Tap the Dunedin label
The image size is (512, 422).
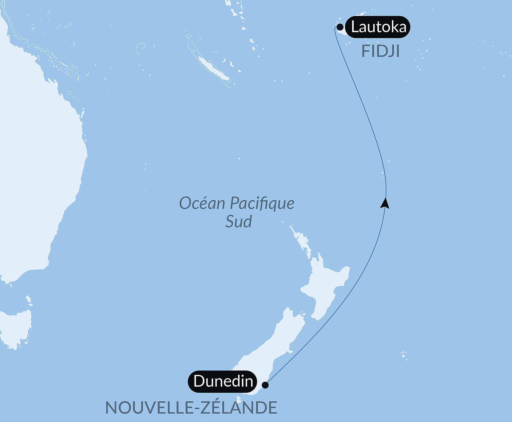pos(223,381)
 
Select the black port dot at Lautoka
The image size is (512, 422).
pos(340,27)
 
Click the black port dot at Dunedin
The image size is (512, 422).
pos(265,385)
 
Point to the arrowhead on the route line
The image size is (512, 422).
pos(385,203)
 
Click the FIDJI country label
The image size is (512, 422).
pos(380,51)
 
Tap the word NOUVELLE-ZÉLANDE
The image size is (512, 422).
pos(191,407)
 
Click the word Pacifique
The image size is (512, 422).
pos(262,203)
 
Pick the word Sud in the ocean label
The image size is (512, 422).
pos(238,221)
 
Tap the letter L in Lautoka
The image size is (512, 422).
pos(355,27)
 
